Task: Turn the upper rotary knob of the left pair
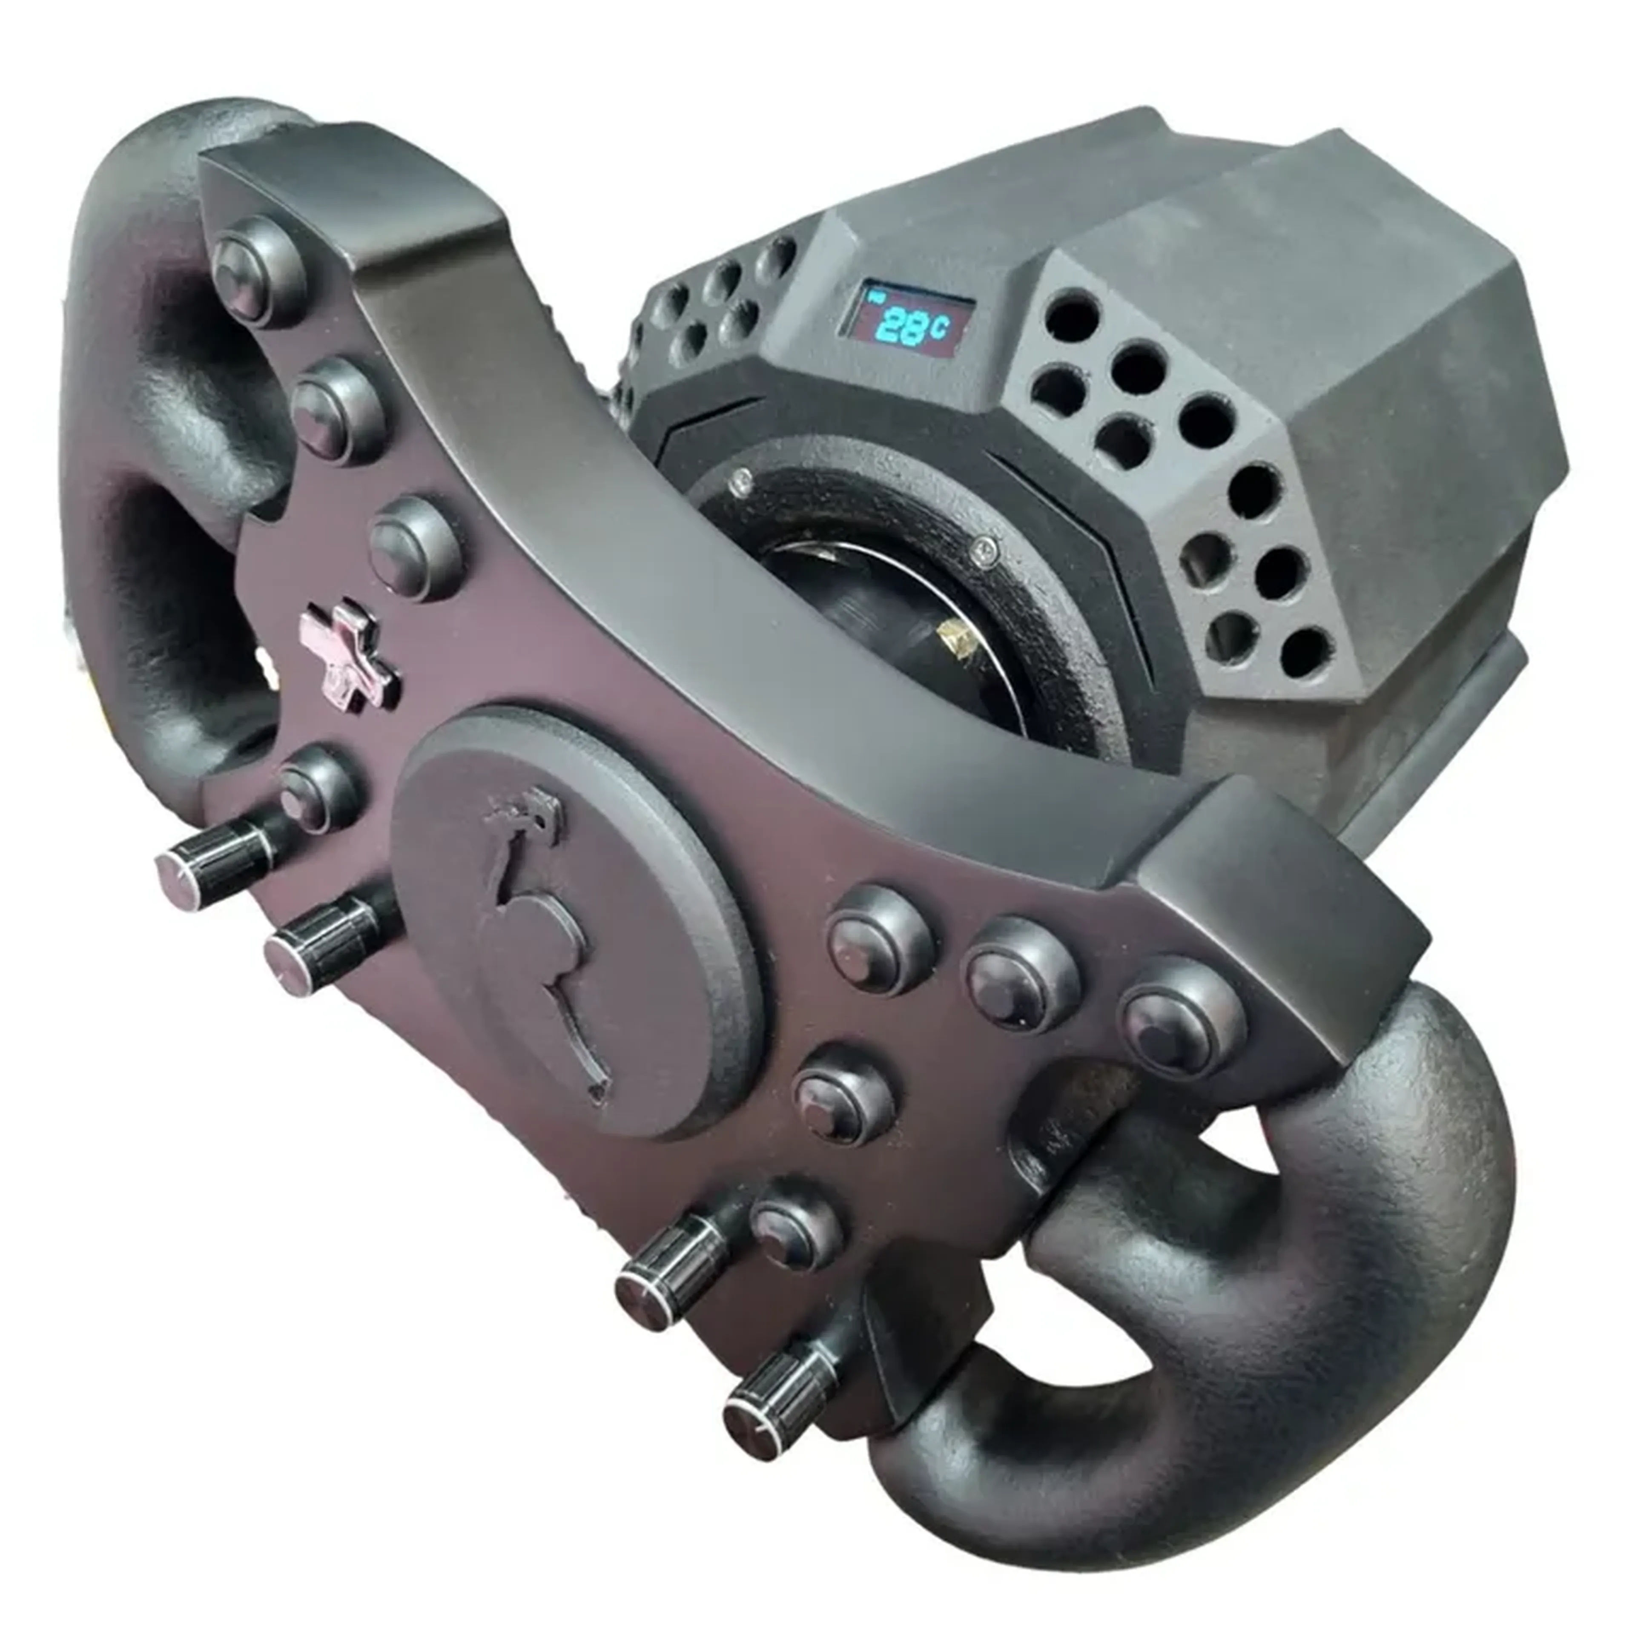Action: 224,855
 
